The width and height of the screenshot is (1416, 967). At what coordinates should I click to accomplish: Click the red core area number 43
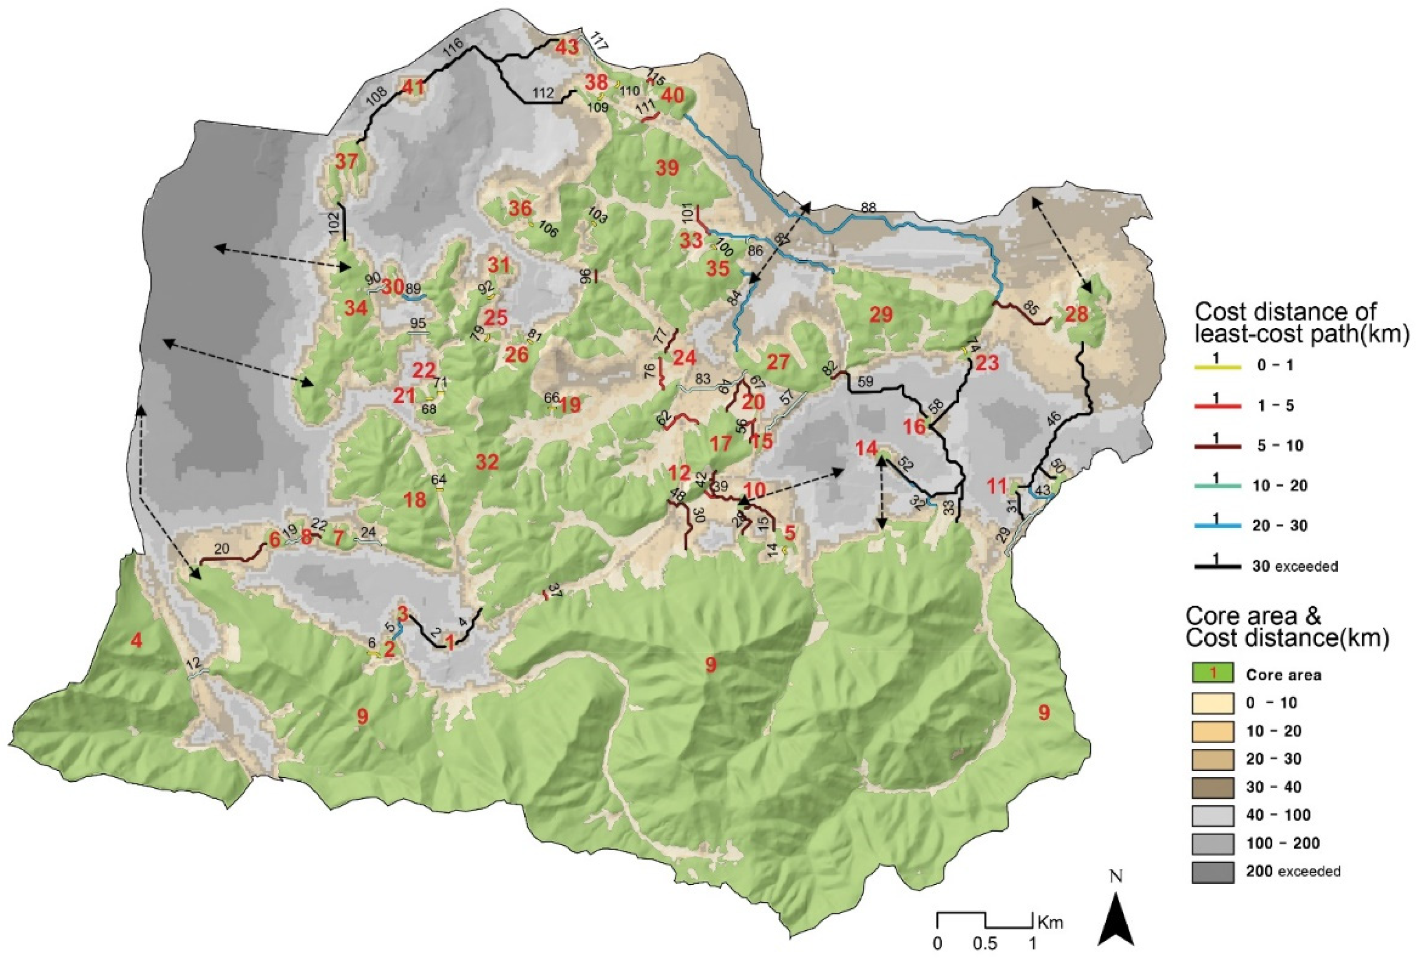(x=567, y=47)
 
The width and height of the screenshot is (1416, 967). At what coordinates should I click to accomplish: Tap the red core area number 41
(x=413, y=87)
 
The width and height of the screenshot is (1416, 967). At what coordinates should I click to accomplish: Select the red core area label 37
(x=346, y=162)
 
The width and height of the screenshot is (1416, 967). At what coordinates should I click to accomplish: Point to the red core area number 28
(x=1077, y=314)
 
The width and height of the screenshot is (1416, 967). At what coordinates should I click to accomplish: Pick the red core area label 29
(x=880, y=314)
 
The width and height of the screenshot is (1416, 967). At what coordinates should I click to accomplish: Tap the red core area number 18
(x=415, y=500)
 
